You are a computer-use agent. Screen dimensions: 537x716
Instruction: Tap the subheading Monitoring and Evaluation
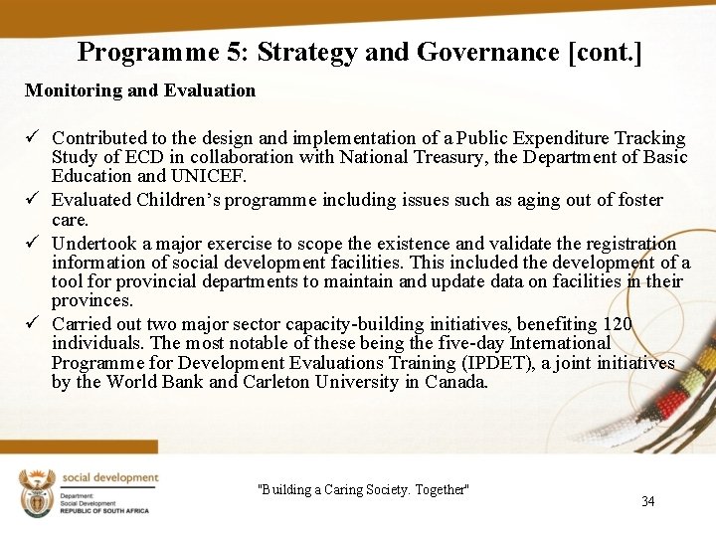click(x=140, y=90)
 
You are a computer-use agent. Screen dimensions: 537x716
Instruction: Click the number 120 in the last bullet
click(x=617, y=324)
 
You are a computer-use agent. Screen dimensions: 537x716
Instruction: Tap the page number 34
click(x=648, y=501)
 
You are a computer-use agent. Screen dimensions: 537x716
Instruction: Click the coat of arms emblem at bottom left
click(x=36, y=491)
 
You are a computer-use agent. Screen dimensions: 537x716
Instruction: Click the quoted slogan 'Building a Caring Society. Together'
click(x=363, y=489)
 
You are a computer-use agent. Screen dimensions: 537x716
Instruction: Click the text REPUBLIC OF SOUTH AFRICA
click(x=103, y=510)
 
